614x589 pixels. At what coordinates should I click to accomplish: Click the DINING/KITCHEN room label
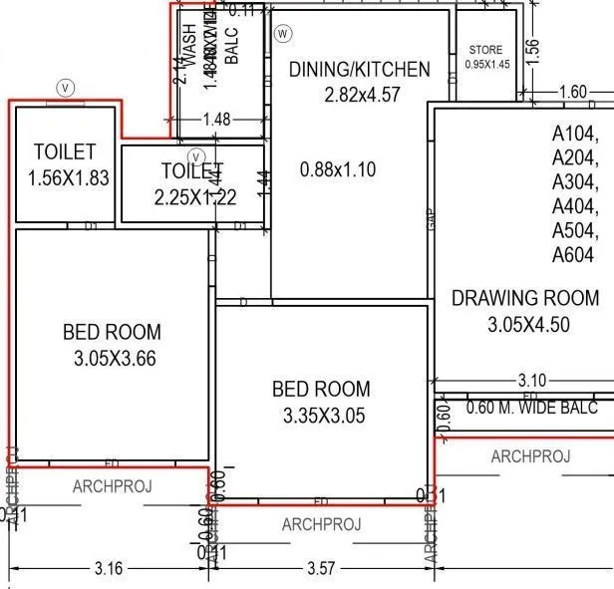(x=359, y=70)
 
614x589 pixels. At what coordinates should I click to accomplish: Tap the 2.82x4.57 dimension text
(x=362, y=96)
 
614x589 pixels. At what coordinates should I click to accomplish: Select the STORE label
(x=486, y=50)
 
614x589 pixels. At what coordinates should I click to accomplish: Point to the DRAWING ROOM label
(x=525, y=298)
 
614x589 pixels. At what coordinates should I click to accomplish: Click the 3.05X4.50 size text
(x=528, y=325)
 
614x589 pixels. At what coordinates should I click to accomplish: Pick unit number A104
(x=575, y=133)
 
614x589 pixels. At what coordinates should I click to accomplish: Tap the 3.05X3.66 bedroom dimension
(x=115, y=358)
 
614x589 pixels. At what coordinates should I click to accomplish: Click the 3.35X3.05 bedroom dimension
(x=322, y=416)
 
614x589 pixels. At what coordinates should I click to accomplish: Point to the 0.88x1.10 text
(x=338, y=169)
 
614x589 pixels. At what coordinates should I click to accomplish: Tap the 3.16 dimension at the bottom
(x=108, y=569)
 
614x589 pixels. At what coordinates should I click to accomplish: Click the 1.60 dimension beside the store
(x=573, y=93)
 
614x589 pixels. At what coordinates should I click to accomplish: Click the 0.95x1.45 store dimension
(x=486, y=65)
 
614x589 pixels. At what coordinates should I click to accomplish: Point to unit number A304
(x=575, y=182)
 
